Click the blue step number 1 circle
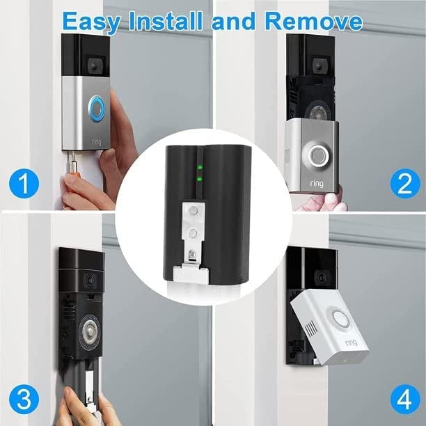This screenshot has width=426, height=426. point(24,183)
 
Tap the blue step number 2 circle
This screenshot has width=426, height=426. point(405,183)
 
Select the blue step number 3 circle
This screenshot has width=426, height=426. point(24,399)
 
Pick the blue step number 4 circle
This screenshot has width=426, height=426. point(405,399)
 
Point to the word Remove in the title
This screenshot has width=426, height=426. point(314,21)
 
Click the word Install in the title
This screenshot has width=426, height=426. point(166,21)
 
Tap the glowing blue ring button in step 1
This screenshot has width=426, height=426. point(96,109)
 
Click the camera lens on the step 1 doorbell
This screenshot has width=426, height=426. point(94,65)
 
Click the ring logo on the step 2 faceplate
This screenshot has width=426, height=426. point(317,184)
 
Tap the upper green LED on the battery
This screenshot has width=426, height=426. point(200,167)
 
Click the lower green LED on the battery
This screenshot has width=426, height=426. point(200,179)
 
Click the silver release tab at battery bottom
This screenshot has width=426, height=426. point(191,274)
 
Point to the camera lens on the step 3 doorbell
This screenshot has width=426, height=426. point(90,280)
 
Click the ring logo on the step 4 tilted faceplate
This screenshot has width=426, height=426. point(352,342)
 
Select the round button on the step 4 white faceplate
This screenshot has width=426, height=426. point(340,318)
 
